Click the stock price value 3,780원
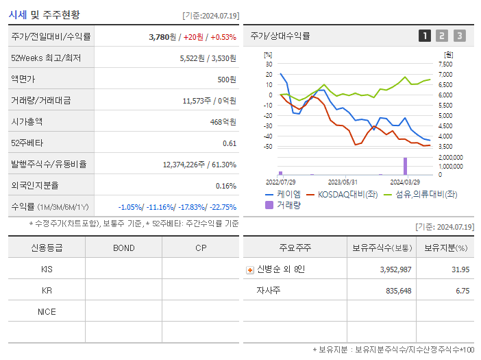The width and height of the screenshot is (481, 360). pyautogui.click(x=163, y=37)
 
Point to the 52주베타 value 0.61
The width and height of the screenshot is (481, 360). pyautogui.click(x=230, y=143)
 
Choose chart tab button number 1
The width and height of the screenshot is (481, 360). pyautogui.click(x=425, y=36)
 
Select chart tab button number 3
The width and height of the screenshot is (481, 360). pyautogui.click(x=459, y=36)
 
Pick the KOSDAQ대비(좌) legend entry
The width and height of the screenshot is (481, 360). pyautogui.click(x=342, y=194)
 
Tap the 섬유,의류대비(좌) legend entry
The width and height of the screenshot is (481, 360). pyautogui.click(x=425, y=194)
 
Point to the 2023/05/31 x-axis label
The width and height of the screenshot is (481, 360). pyautogui.click(x=343, y=182)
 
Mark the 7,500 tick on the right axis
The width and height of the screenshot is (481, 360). pyautogui.click(x=445, y=64)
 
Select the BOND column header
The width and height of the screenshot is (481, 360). pyautogui.click(x=124, y=248)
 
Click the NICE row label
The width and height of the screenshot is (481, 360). pyautogui.click(x=47, y=312)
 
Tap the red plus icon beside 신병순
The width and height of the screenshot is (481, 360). pyautogui.click(x=250, y=270)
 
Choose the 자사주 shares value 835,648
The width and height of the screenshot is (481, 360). pyautogui.click(x=395, y=291)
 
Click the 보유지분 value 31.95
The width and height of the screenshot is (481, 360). pyautogui.click(x=460, y=269)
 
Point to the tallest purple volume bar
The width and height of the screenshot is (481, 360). pyautogui.click(x=405, y=166)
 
